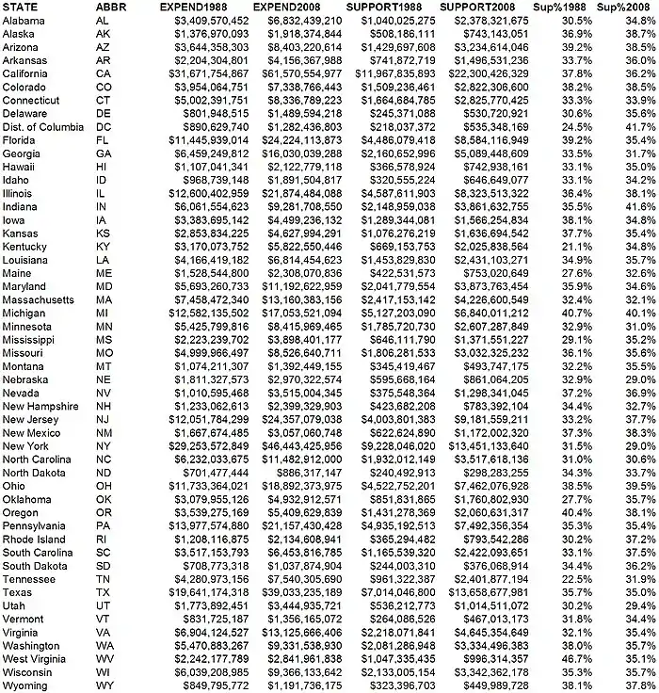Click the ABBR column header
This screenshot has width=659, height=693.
pyautogui.click(x=114, y=7)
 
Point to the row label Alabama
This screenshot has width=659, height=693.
pyautogui.click(x=24, y=20)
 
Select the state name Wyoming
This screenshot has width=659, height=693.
pyautogui.click(x=25, y=686)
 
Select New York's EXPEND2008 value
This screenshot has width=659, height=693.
pyautogui.click(x=297, y=445)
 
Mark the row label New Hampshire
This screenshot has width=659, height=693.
pyautogui.click(x=41, y=406)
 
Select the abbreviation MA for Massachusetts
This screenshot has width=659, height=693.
pyautogui.click(x=104, y=299)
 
